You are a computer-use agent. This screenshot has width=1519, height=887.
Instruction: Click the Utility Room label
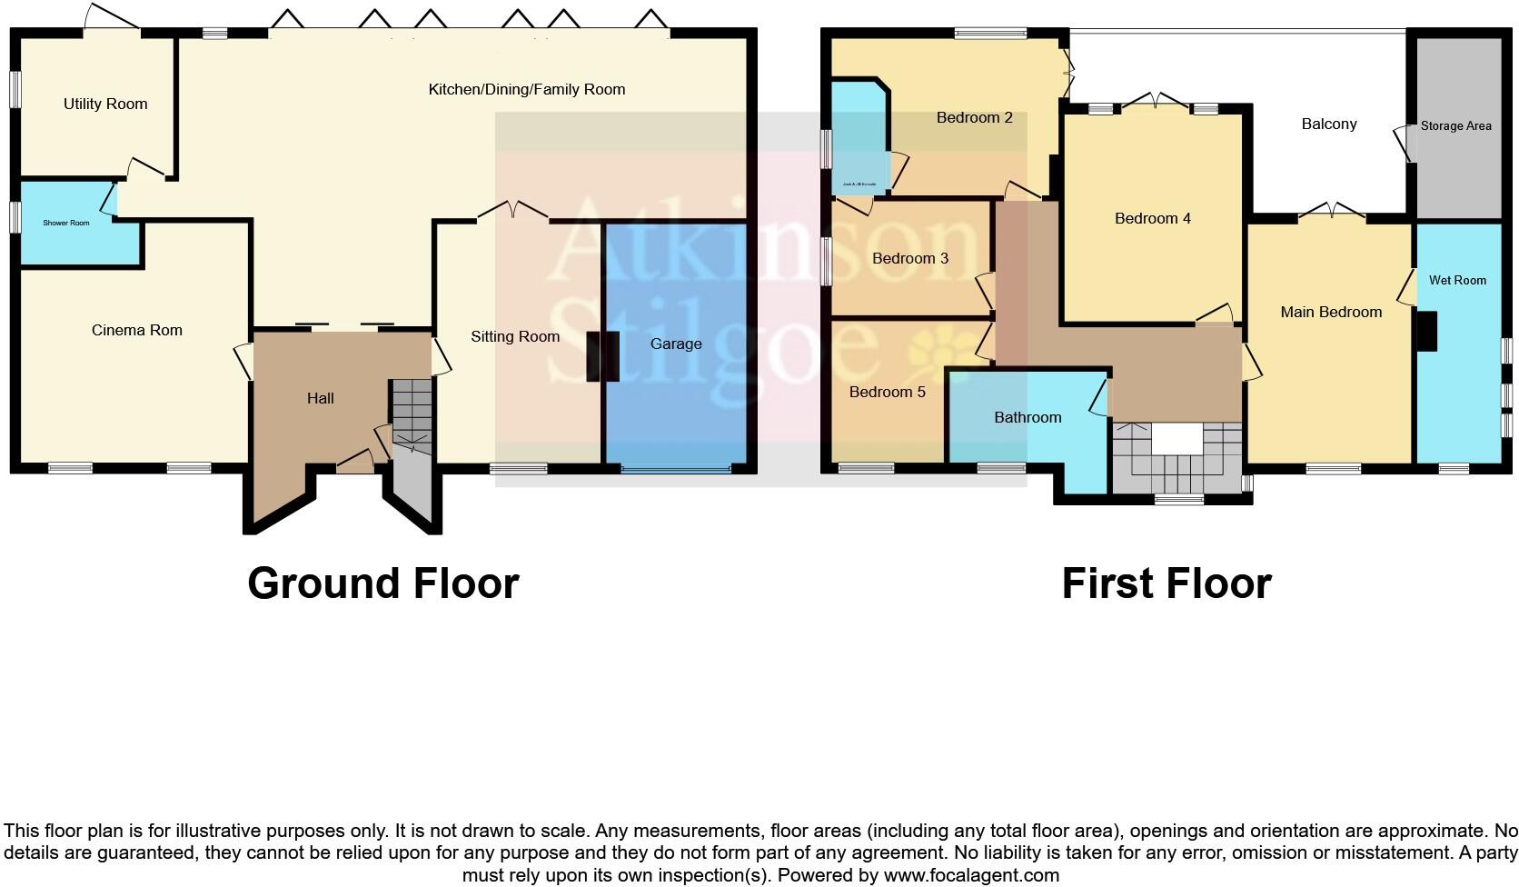coord(105,104)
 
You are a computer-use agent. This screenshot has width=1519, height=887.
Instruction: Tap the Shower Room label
coord(67,223)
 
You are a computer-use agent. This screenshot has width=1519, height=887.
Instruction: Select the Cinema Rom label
coord(137,330)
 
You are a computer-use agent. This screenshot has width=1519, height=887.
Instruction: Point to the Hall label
coord(321,398)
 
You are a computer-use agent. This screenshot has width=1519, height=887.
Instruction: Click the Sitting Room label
coord(515,336)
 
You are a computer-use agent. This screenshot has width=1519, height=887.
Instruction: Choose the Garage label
coord(676,344)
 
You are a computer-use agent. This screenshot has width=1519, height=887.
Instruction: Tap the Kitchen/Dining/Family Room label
coord(527,89)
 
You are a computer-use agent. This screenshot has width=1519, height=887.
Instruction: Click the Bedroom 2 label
coord(975,117)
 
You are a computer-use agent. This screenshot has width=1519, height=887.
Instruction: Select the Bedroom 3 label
coord(910,258)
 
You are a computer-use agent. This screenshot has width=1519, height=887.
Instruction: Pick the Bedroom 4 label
coord(1153,218)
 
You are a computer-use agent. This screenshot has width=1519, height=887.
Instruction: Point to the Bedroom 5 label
coord(888,392)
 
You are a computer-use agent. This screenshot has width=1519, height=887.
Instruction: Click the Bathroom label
coord(1028,417)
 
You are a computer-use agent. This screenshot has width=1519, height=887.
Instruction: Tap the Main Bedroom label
coord(1331,312)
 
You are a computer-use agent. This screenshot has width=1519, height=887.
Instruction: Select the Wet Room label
coord(1457,280)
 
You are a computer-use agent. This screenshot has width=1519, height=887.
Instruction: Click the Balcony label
coord(1329,124)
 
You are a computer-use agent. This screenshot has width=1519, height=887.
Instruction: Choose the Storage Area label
coord(1455,125)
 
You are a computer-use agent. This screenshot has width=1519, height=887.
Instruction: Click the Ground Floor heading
coord(382,583)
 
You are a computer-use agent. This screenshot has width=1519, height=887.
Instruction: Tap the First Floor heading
coord(1167,583)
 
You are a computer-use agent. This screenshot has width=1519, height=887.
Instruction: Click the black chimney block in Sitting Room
coord(603,356)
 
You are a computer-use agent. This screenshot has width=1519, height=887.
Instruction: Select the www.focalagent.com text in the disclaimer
coord(971,875)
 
